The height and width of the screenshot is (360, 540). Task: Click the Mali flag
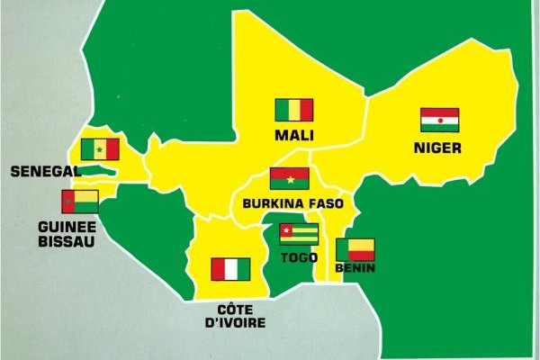[x=293, y=110]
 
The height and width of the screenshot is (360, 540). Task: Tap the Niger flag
[x=439, y=120]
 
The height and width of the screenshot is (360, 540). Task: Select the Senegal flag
[x=99, y=149]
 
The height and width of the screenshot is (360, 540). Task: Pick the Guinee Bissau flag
[x=80, y=201]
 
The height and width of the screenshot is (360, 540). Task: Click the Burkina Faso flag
[x=289, y=178]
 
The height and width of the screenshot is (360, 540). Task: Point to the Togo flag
[x=298, y=235]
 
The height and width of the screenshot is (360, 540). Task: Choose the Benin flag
[x=355, y=249]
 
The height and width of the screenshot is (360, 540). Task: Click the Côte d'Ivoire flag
[x=230, y=269]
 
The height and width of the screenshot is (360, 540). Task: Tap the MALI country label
[x=294, y=136]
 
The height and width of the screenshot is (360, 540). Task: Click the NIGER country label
[x=439, y=148]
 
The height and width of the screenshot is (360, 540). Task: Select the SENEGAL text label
[x=43, y=170]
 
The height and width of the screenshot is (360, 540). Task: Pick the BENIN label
[x=355, y=268]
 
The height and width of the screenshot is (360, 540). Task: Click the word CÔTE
[x=230, y=309]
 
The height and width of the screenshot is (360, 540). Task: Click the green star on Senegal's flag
[x=99, y=149]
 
